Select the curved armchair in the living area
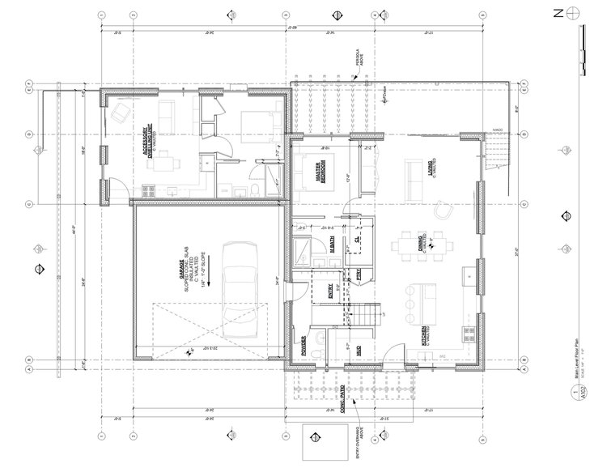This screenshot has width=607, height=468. click(x=443, y=209)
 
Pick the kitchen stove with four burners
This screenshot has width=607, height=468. click(x=469, y=332)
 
